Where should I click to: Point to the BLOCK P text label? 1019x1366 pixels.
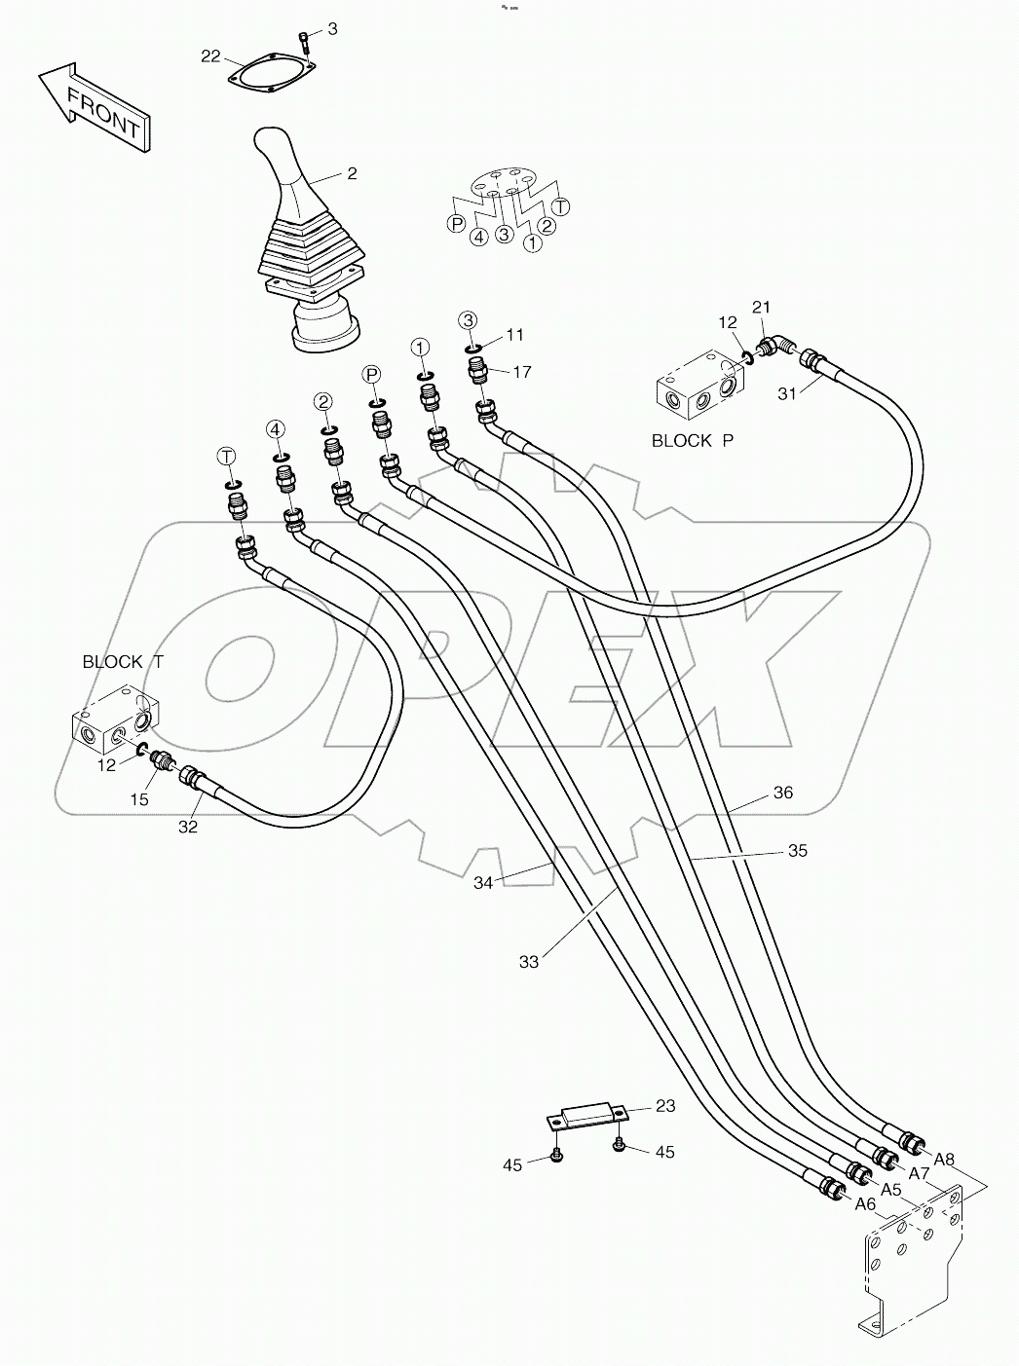(x=692, y=440)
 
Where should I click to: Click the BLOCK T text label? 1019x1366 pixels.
(x=123, y=662)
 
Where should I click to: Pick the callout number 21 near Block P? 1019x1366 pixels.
(x=761, y=308)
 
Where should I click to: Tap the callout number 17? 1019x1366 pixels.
(x=522, y=371)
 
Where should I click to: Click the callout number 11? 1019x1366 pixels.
(x=514, y=335)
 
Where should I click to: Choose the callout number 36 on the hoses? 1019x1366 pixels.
(x=782, y=793)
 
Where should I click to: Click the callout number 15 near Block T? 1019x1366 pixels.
(x=139, y=799)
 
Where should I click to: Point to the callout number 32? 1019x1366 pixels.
(x=187, y=827)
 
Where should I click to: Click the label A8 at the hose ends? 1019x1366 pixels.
(x=943, y=1159)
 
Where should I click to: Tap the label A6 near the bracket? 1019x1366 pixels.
(x=865, y=1204)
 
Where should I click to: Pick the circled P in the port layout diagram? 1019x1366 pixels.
(x=456, y=224)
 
